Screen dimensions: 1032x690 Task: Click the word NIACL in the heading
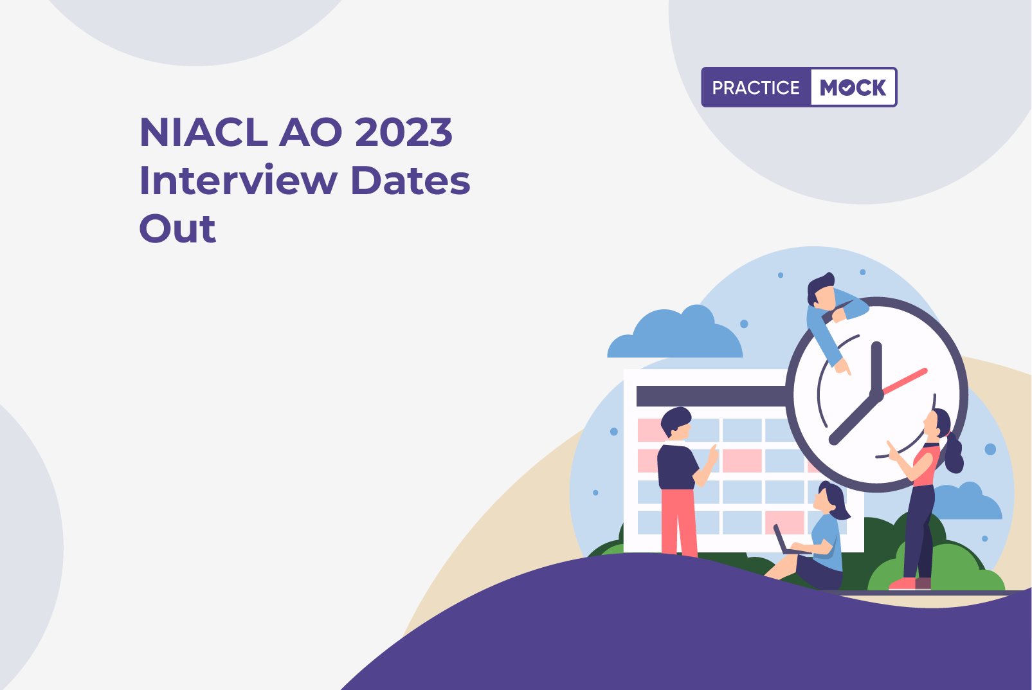(x=204, y=132)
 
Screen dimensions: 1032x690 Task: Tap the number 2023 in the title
(x=404, y=132)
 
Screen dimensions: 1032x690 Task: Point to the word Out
(x=177, y=228)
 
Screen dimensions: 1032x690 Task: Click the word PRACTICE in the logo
(x=756, y=87)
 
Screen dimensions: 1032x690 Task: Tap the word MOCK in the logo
(x=853, y=87)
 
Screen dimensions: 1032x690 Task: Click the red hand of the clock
(x=904, y=381)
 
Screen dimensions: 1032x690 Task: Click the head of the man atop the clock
(x=822, y=290)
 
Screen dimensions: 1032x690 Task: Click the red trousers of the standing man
(x=678, y=522)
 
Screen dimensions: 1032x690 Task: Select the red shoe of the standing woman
(x=902, y=584)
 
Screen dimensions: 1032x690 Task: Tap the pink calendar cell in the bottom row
(x=784, y=522)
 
